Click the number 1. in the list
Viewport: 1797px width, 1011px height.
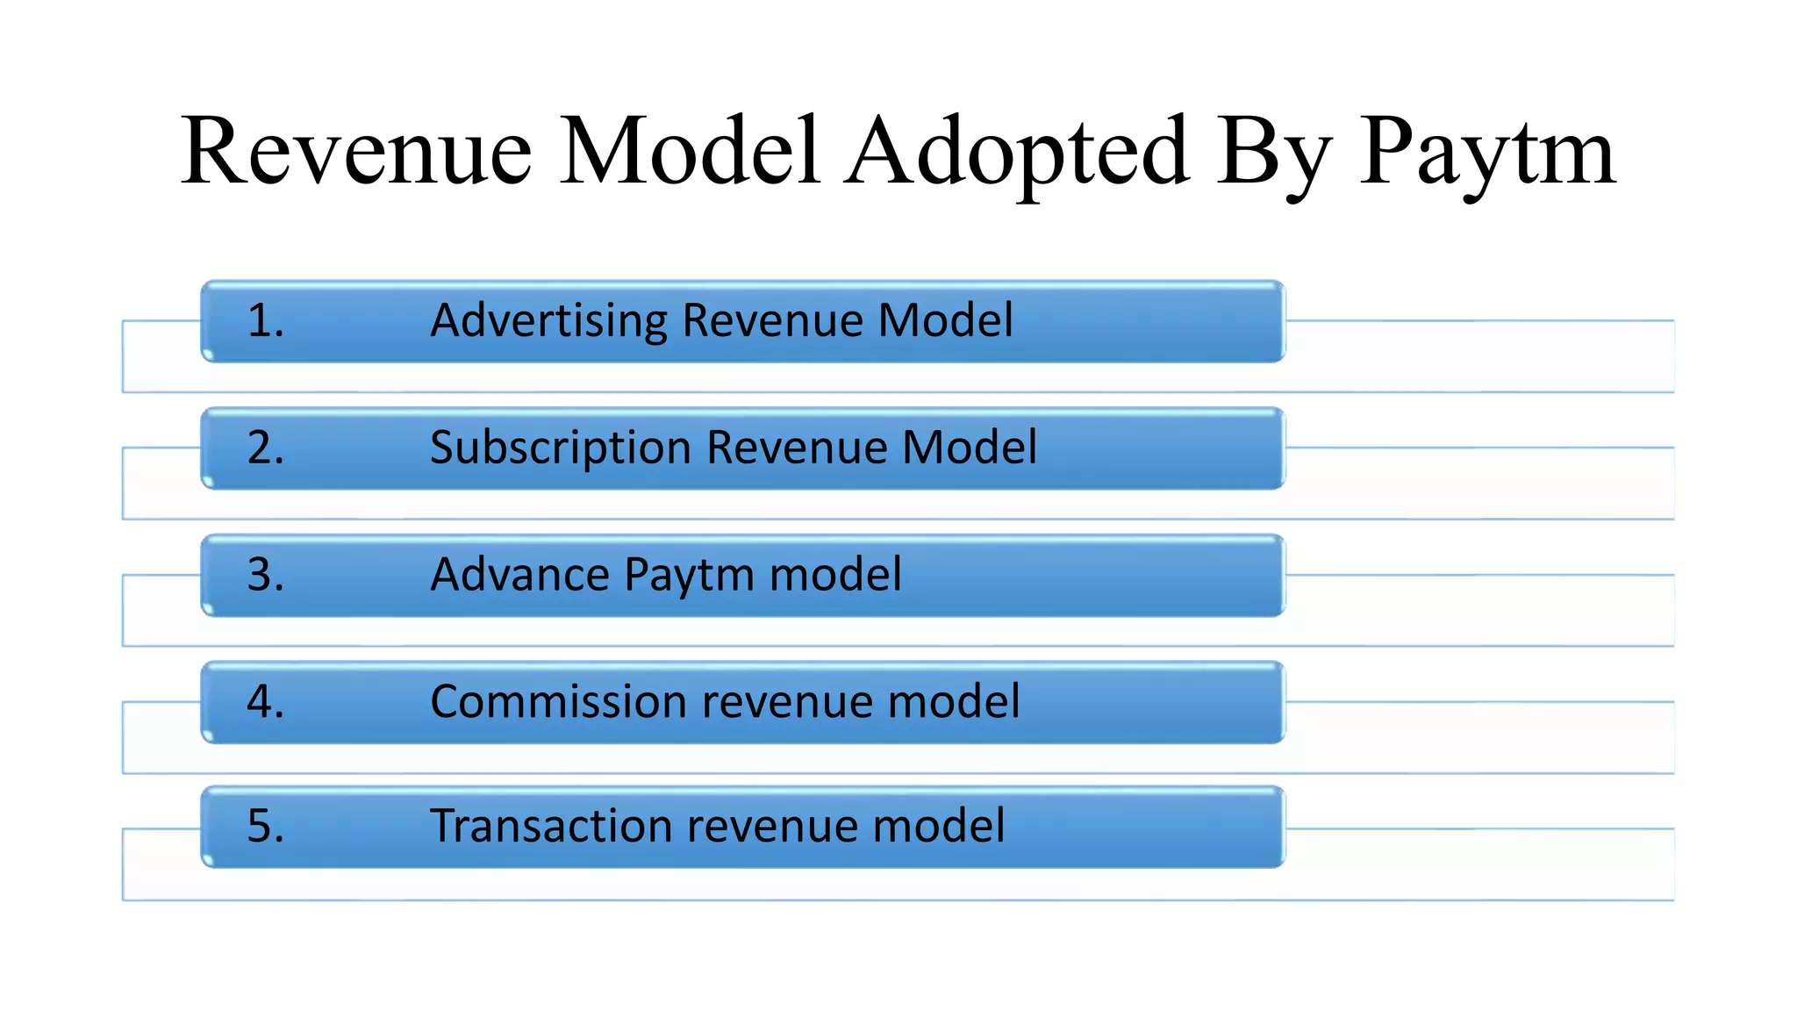click(x=265, y=320)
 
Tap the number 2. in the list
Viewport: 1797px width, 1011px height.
click(x=265, y=448)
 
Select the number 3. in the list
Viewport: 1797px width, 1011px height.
click(x=265, y=575)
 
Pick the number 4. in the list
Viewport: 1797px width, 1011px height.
click(x=265, y=702)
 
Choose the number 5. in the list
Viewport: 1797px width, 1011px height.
click(x=265, y=827)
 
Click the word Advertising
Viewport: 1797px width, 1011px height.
click(x=548, y=320)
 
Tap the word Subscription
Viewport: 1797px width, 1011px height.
click(x=561, y=448)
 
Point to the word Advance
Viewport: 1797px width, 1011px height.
click(x=519, y=575)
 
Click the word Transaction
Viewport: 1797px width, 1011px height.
click(x=551, y=827)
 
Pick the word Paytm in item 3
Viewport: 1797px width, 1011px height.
click(x=689, y=575)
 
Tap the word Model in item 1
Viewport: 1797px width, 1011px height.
click(x=946, y=320)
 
